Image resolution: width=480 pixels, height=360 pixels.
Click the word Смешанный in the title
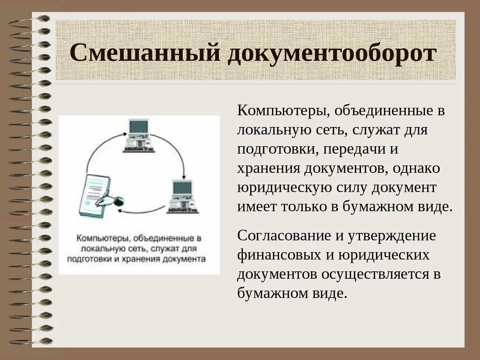[145, 52]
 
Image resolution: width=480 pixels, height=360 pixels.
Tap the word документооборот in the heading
[332, 52]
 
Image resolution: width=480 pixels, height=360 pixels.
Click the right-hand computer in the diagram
[183, 196]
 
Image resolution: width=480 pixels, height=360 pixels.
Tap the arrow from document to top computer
[96, 150]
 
